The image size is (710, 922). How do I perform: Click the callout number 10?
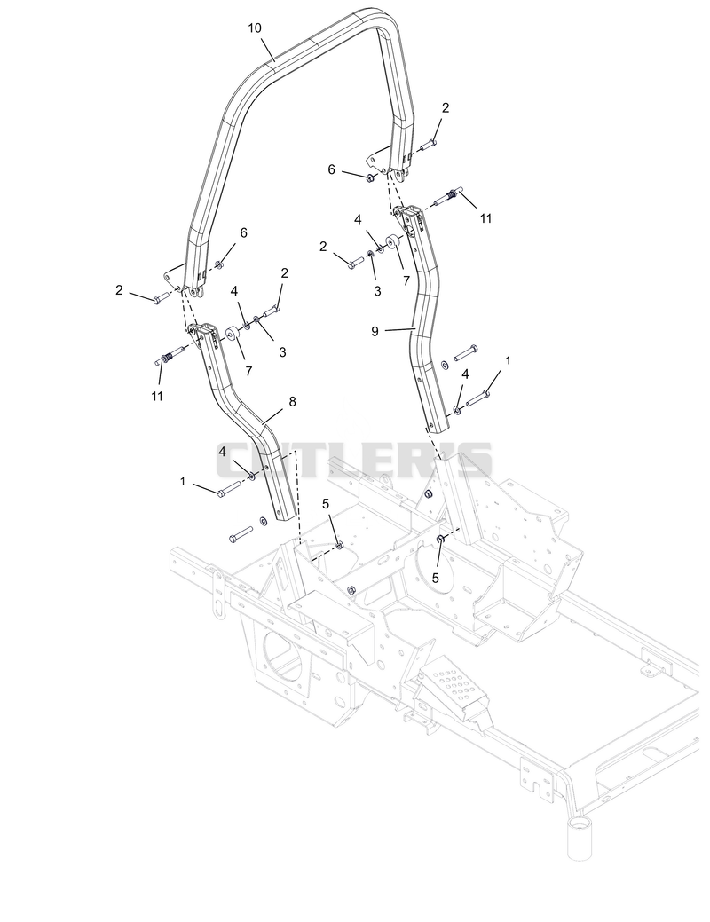255,28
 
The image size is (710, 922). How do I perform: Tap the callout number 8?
292,401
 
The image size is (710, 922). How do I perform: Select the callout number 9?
375,331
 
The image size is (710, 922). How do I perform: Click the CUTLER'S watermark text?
354,460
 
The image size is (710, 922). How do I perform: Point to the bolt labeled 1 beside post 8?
230,489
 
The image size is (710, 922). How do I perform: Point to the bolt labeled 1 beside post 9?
477,400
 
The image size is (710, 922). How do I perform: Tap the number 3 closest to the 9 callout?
377,291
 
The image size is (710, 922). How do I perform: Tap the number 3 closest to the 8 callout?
282,352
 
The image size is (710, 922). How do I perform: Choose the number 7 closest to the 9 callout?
406,281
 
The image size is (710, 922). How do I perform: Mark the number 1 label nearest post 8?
182,482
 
